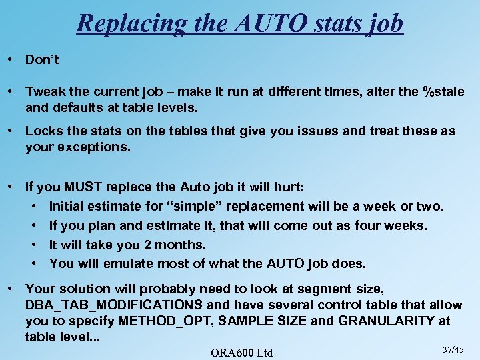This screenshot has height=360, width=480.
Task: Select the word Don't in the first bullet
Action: point(42,59)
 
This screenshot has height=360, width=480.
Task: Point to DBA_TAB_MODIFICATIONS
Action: point(114,305)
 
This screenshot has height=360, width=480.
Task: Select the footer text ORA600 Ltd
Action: point(241,352)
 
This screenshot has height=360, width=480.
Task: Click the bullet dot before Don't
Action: point(11,59)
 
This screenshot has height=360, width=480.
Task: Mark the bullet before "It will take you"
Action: point(34,245)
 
